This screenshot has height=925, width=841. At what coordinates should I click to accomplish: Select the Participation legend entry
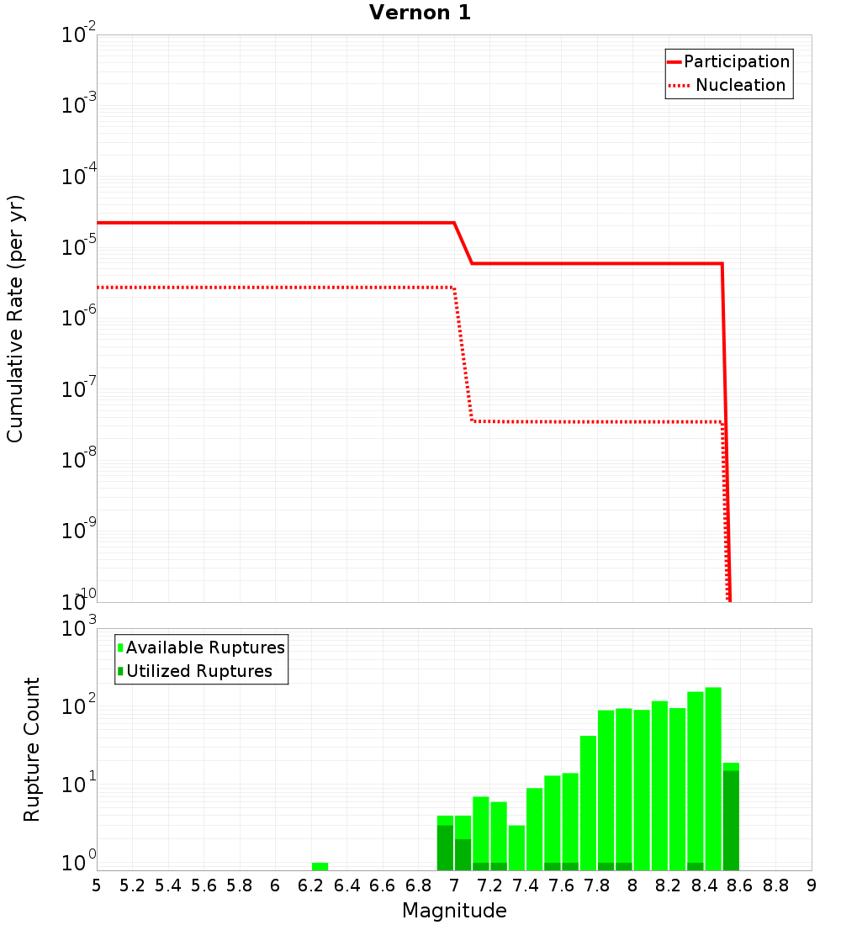[736, 61]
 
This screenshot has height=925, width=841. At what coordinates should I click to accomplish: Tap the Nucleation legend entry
[740, 85]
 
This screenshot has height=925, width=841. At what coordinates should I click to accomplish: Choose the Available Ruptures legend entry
[205, 647]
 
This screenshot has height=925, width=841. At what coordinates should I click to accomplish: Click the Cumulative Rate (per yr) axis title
[15, 319]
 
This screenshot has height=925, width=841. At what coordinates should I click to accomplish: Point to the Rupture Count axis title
[32, 749]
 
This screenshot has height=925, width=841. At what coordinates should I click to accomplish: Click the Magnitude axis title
[454, 911]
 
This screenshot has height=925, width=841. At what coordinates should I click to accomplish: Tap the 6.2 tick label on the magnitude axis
[311, 885]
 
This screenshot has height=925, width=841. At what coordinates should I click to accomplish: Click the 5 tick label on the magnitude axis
[97, 885]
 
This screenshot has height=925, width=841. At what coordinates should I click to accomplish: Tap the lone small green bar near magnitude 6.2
[320, 866]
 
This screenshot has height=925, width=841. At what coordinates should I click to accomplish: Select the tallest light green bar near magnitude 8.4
[713, 778]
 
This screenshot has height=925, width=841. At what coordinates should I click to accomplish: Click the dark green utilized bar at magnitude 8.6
[731, 820]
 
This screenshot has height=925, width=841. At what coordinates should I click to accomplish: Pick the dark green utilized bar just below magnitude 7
[445, 848]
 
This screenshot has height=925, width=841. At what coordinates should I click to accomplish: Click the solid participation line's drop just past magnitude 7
[463, 244]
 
